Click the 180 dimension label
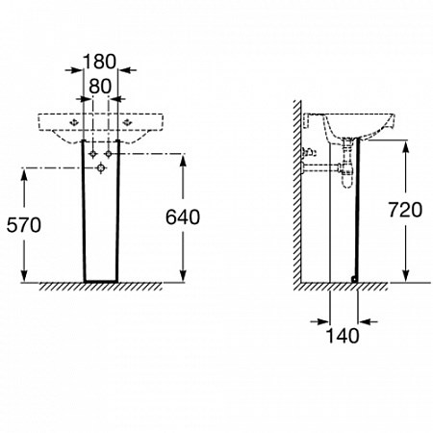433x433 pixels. coord(99,62)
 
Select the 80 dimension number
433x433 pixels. coord(100,87)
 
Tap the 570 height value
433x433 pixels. coord(24,225)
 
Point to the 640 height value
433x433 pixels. coord(183,217)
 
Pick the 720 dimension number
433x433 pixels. coord(405,210)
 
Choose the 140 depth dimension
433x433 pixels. coord(343,336)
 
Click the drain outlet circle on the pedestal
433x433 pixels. coord(101,168)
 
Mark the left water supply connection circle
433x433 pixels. coord(93,154)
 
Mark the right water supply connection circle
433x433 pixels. coord(109,154)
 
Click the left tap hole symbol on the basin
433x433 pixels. coord(74,122)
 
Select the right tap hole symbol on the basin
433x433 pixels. coord(128,122)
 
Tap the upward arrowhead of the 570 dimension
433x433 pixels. coord(24,175)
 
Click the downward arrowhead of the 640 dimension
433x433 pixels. coord(183,276)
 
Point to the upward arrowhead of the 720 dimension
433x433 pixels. coord(406,147)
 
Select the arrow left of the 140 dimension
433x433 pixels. coord(320,321)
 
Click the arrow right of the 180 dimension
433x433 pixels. coord(127,70)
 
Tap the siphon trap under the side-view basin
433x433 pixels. coord(347,163)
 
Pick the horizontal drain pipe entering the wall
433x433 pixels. coord(321,167)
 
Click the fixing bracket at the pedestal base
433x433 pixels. coord(354,279)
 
